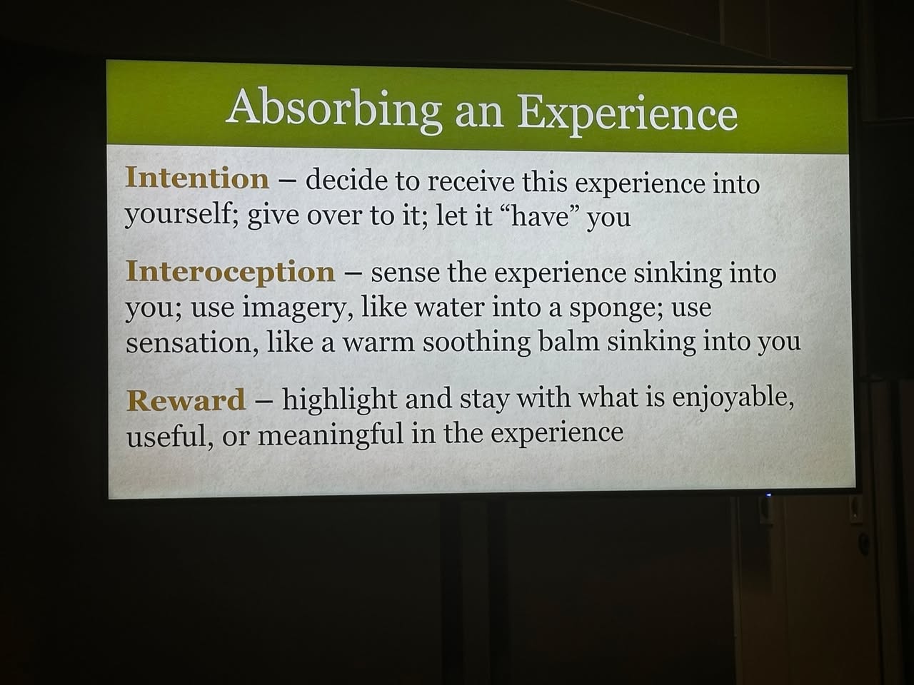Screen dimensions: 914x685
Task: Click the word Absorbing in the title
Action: click(x=334, y=109)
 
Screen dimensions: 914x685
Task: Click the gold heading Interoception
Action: click(x=230, y=272)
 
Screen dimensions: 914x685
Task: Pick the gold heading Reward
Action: click(x=186, y=400)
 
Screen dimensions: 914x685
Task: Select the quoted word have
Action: click(x=540, y=216)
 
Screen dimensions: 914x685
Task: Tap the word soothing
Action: click(x=476, y=343)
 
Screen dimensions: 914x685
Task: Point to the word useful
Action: click(x=171, y=437)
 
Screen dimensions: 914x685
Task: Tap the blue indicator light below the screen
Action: click(x=768, y=495)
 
